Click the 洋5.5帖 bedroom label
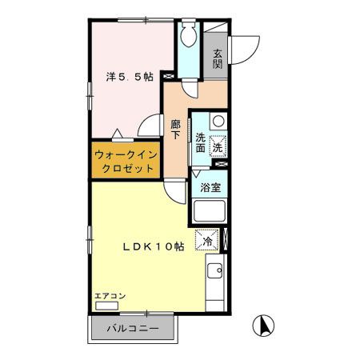130,78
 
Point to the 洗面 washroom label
200,142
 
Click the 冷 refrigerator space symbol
207,239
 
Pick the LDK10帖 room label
154,246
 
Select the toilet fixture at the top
188,36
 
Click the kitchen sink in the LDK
216,272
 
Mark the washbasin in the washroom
217,123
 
